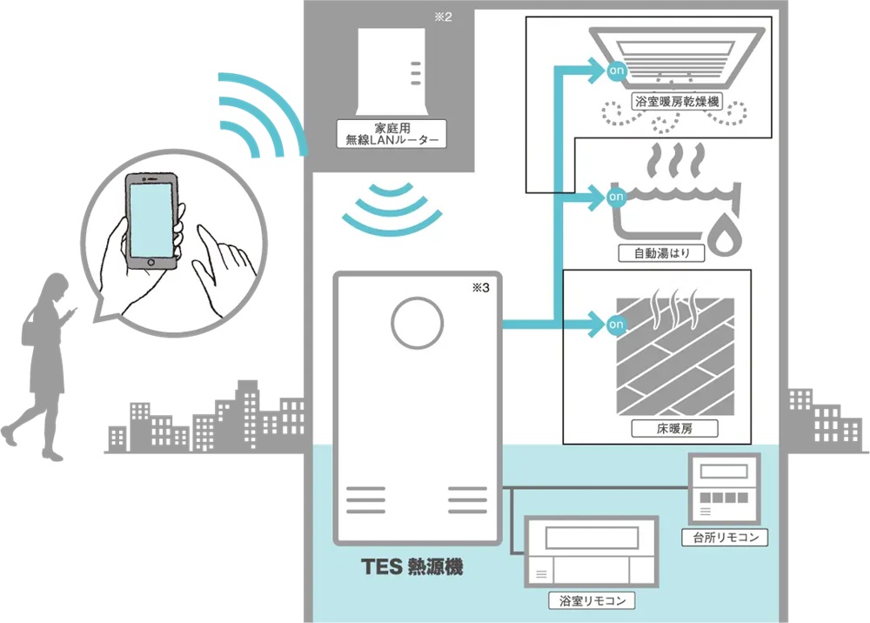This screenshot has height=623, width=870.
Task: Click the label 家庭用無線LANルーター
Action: pos(391,134)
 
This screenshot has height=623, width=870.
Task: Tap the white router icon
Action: pos(391,72)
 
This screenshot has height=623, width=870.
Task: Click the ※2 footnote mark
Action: pos(444,17)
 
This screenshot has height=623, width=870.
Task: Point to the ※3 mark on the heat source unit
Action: pos(480,287)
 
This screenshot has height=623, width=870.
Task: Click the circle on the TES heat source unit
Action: pos(418,323)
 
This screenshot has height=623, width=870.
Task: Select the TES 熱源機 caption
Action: pos(412,567)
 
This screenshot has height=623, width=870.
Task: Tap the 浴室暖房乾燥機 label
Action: pos(677,102)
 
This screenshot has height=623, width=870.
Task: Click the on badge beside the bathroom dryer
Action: pos(617,70)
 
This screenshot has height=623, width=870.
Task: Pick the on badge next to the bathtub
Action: pos(616,197)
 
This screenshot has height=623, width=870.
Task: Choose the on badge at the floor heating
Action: pos(616,324)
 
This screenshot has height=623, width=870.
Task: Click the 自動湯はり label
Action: pos(661,253)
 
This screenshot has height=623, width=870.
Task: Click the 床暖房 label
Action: pos(675,428)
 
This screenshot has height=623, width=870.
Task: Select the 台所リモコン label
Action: pos(726,537)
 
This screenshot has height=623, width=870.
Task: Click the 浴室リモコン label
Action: pos(592,600)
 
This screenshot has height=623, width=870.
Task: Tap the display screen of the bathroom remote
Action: pos(592,538)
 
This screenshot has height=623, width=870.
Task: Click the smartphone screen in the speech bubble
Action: pos(150,219)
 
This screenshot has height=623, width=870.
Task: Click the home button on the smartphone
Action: pos(151,263)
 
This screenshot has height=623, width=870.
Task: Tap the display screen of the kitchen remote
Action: pos(724,472)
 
